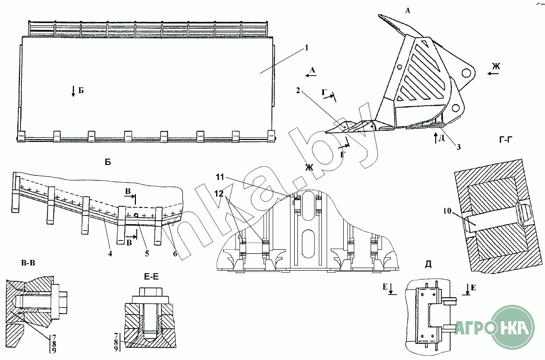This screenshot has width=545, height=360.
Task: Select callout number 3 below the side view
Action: coord(459,147)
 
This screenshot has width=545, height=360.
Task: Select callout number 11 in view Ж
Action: coord(219,177)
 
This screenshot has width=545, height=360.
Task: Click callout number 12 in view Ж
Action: coord(219,194)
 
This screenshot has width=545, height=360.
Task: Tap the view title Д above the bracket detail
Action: coord(428,264)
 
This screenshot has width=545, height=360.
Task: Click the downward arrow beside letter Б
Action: coord(73,92)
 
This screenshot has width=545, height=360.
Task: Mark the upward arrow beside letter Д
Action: coord(434,137)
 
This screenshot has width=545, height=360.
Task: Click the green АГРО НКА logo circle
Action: coord(511,327)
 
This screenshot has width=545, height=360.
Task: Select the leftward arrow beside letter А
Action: coord(309,75)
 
